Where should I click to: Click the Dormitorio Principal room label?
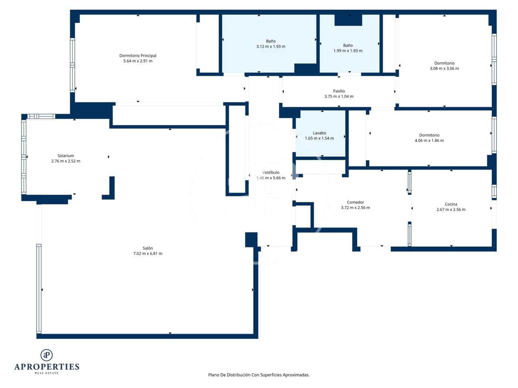tap(138, 56)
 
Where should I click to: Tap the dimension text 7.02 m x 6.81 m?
tap(148, 253)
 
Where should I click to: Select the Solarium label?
tap(65, 156)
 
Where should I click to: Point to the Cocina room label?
tap(451, 204)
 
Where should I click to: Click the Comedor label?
tap(355, 202)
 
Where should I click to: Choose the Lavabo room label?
tap(319, 133)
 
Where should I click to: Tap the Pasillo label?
tap(339, 91)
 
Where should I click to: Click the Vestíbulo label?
tap(271, 173)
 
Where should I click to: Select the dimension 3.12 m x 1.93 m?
tap(270, 47)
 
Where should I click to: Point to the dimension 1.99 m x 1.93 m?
tap(348, 51)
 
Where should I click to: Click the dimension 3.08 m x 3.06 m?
tap(444, 68)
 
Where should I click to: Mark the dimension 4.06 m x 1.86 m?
tap(429, 140)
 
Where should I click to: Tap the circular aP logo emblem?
tap(47, 355)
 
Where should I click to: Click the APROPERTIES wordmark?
tap(47, 367)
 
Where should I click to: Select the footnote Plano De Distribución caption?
tap(259, 375)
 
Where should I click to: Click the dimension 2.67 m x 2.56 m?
tap(451, 210)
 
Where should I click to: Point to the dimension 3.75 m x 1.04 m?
tap(339, 96)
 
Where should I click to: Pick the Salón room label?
tap(148, 248)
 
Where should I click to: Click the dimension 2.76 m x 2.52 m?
tap(65, 161)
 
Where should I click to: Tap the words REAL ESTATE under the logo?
tap(47, 373)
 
